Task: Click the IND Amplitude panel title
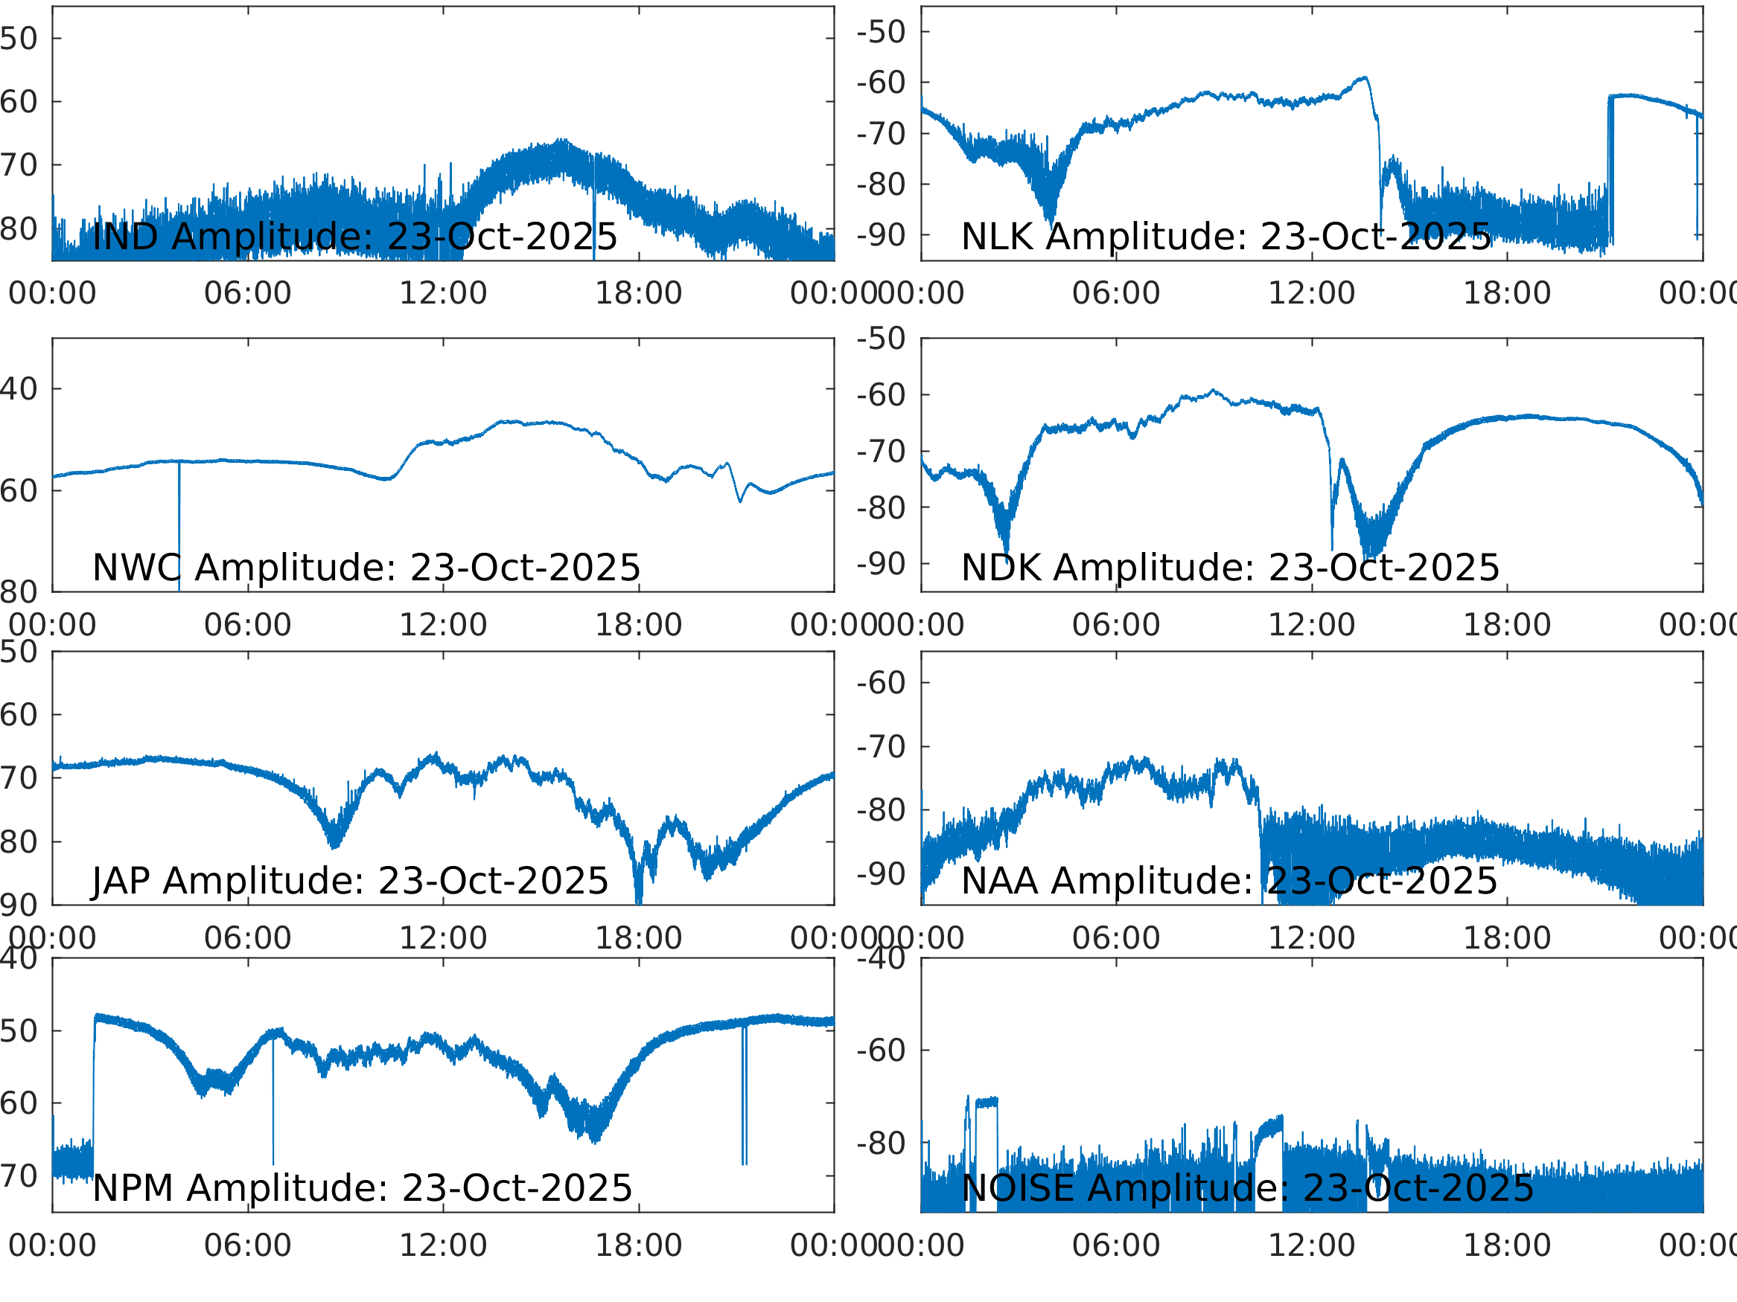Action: (x=355, y=237)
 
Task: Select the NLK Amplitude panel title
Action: (x=1226, y=237)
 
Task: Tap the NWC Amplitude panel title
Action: (x=366, y=568)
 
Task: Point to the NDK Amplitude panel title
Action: (x=1231, y=568)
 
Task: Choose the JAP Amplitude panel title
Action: (x=350, y=881)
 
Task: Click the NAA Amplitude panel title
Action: (x=1230, y=881)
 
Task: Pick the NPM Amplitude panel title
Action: (x=362, y=1187)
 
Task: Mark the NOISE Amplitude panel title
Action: (x=1248, y=1187)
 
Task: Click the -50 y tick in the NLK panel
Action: (x=881, y=32)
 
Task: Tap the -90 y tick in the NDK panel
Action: (x=881, y=563)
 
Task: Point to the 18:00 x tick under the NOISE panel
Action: (x=1507, y=1245)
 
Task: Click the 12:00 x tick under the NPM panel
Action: (x=444, y=1245)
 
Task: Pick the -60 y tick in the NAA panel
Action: (x=881, y=683)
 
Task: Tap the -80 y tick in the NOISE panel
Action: (x=881, y=1144)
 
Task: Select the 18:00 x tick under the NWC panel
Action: (x=638, y=625)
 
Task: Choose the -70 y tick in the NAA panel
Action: (x=881, y=746)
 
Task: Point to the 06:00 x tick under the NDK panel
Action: (x=1116, y=625)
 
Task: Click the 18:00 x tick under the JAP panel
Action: (x=638, y=938)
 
